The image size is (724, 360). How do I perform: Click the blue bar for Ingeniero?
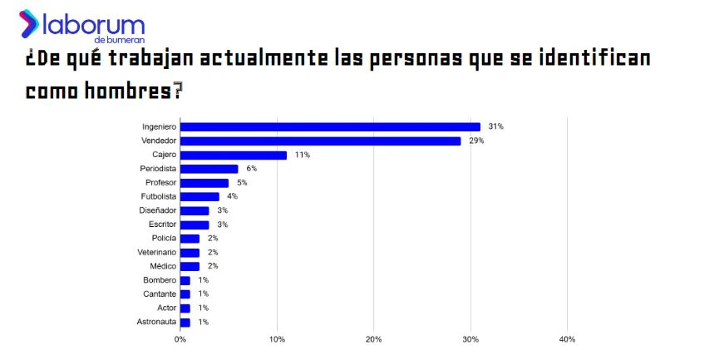coord(330,127)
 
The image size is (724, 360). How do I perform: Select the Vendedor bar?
coord(320,141)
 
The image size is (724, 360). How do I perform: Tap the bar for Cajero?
coord(234,155)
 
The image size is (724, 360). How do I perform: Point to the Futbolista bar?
coord(199,197)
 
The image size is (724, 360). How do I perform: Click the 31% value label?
coord(496,127)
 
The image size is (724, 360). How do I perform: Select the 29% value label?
coord(476,141)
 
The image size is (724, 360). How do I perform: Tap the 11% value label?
coord(303,155)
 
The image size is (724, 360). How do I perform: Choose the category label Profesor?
coord(160,183)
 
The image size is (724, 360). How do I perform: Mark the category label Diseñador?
coord(157,210)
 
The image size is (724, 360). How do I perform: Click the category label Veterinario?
coord(156,252)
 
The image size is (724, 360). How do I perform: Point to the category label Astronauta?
coord(156,322)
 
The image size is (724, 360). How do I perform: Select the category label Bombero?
coord(160,280)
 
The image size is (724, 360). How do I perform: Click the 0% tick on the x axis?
coord(180,339)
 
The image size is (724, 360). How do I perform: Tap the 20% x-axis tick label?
coord(374,339)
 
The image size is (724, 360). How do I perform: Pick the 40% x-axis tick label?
coord(567,339)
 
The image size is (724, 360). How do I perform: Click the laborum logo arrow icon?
coord(29,23)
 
